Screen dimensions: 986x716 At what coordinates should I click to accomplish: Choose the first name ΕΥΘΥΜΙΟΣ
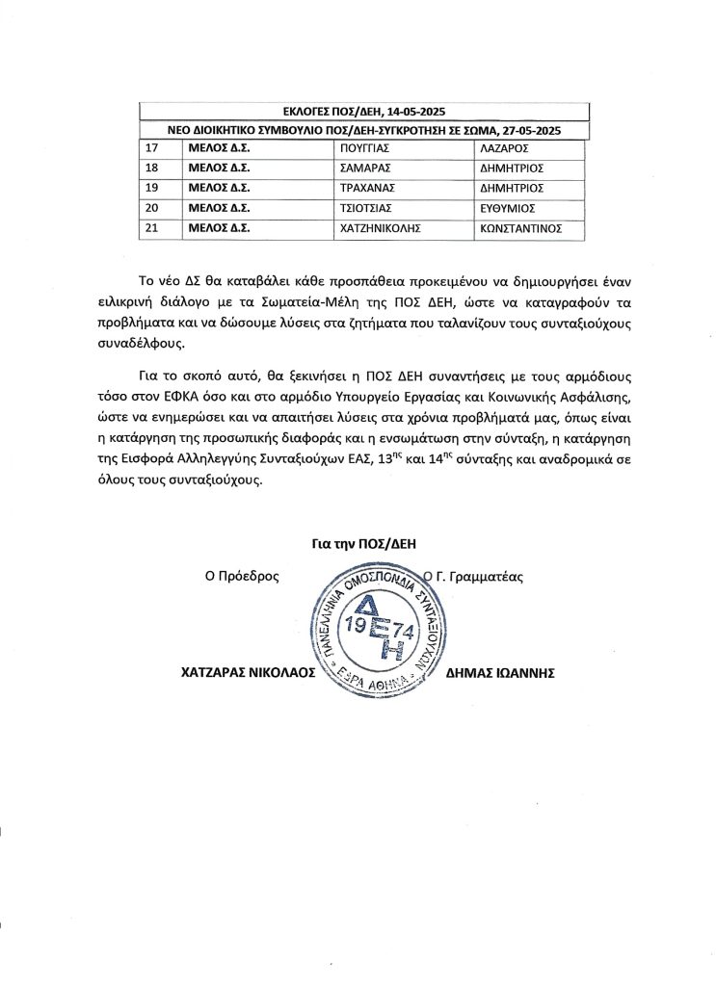point(507,207)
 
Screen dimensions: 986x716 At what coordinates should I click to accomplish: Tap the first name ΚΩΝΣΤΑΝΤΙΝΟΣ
point(520,228)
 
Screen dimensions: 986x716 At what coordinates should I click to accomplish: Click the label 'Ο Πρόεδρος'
point(235,578)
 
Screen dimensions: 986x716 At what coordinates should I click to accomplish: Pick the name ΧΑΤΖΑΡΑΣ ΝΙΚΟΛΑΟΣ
point(249,674)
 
